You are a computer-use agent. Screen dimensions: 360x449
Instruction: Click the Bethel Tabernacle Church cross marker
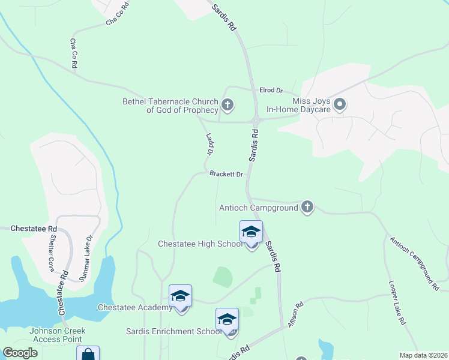[227, 106]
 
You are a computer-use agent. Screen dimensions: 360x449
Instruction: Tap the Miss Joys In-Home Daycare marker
[340, 105]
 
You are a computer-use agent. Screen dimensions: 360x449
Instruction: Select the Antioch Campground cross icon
[307, 208]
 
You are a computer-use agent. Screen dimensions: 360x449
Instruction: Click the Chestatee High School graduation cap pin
[251, 233]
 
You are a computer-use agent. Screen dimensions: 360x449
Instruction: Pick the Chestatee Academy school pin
[180, 296]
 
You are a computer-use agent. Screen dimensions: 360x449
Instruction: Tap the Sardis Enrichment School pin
[227, 320]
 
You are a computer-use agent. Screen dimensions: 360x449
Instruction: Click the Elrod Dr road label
[271, 90]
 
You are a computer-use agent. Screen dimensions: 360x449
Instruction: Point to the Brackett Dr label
[226, 175]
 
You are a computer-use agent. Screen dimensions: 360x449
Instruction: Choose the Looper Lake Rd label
[399, 302]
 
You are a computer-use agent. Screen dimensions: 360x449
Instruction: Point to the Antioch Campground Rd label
[415, 264]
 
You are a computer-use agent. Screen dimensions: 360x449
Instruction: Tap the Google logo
[20, 353]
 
